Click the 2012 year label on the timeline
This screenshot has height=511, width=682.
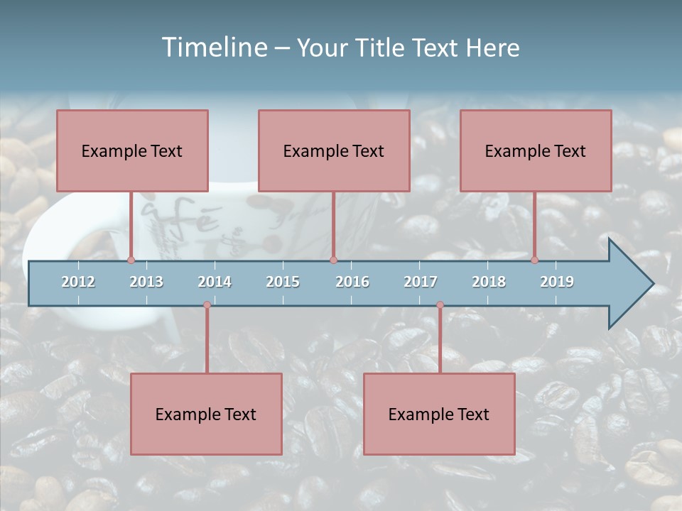pyautogui.click(x=78, y=282)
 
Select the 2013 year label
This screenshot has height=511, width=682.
pyautogui.click(x=146, y=282)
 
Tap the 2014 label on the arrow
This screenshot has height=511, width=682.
pyautogui.click(x=215, y=282)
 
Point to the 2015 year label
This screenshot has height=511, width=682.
pyautogui.click(x=283, y=282)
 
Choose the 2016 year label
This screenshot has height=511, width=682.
pyautogui.click(x=352, y=282)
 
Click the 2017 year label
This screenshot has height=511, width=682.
pyautogui.click(x=421, y=282)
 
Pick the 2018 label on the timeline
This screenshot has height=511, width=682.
pyautogui.click(x=489, y=282)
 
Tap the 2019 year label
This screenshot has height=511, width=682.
pyautogui.click(x=557, y=282)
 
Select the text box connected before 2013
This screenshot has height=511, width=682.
pyautogui.click(x=132, y=150)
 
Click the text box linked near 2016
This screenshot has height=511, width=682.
pyautogui.click(x=334, y=150)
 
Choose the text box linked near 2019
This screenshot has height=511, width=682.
pyautogui.click(x=536, y=150)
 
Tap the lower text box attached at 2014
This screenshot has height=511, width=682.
pyautogui.click(x=206, y=414)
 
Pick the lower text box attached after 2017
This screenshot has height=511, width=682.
pyautogui.click(x=439, y=414)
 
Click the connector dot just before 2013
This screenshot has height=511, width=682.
pyautogui.click(x=131, y=260)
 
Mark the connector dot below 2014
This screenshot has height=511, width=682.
pyautogui.click(x=207, y=305)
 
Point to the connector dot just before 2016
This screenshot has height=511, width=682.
pyautogui.click(x=333, y=260)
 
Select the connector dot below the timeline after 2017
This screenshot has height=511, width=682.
pyautogui.click(x=440, y=305)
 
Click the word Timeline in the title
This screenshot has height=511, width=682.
pyautogui.click(x=213, y=48)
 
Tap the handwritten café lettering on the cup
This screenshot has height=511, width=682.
pyautogui.click(x=181, y=217)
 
